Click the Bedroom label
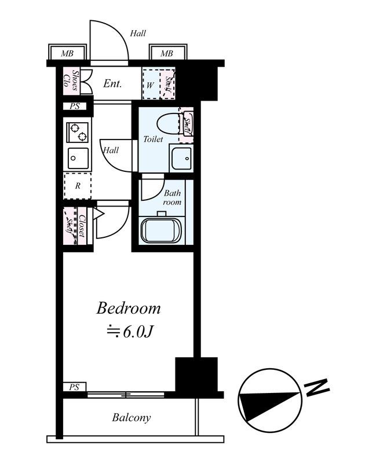coord(128,308)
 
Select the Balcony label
coord(132,417)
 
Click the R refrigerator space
coord(78,186)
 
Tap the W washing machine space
coord(150,84)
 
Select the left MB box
coord(67,54)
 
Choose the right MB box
coord(167,54)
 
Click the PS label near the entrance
coord(74,106)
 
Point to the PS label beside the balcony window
coord(74,387)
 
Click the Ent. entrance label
coord(112,84)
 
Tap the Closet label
coord(82,226)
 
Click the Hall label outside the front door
coord(138,34)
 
